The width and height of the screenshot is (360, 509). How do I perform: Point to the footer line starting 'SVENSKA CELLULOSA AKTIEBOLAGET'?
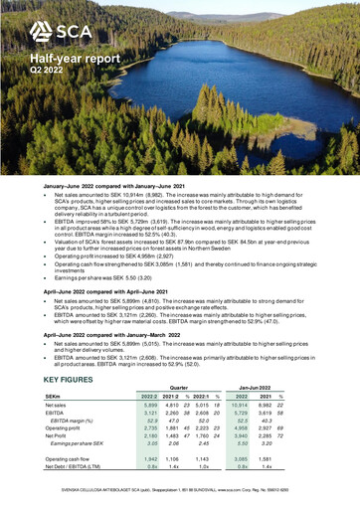click(x=180, y=490)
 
